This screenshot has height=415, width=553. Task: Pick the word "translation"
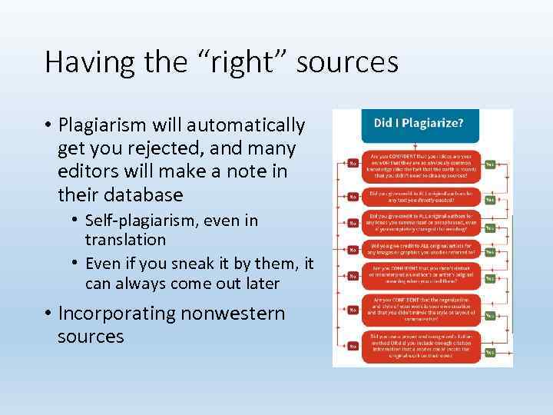pyautogui.click(x=125, y=240)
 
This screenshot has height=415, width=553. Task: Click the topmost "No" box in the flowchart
pyautogui.click(x=353, y=163)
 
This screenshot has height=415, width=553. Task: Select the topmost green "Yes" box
pyautogui.click(x=490, y=164)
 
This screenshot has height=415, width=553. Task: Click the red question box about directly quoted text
pyautogui.click(x=422, y=195)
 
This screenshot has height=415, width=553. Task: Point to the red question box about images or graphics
pyautogui.click(x=422, y=248)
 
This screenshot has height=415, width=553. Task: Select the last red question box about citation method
pyautogui.click(x=422, y=346)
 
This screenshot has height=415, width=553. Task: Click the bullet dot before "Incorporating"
pyautogui.click(x=48, y=314)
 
